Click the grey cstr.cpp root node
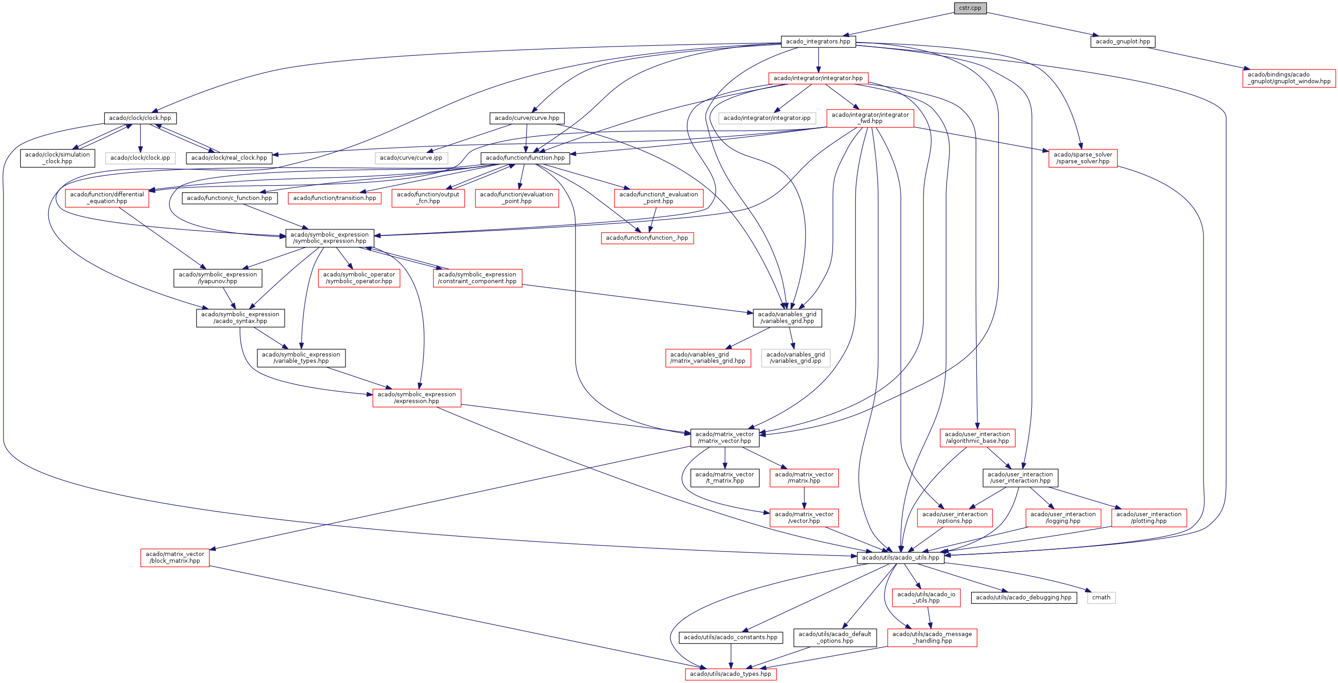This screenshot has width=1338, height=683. click(x=970, y=8)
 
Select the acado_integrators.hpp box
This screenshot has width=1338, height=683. click(x=818, y=42)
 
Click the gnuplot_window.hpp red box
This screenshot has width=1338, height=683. click(x=1289, y=78)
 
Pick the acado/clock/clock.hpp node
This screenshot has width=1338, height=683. click(x=140, y=118)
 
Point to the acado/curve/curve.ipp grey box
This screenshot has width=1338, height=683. click(x=411, y=158)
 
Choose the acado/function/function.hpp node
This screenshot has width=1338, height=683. click(x=525, y=158)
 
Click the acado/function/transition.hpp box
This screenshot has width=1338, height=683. click(x=334, y=198)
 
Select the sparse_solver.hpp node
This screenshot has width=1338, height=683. click(x=1082, y=158)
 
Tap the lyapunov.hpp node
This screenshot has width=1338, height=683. click(x=218, y=278)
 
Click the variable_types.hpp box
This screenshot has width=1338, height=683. click(x=301, y=358)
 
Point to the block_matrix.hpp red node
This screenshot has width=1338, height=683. click(x=175, y=558)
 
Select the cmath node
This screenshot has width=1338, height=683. click(x=1101, y=598)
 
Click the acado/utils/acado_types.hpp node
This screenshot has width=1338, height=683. click(x=730, y=674)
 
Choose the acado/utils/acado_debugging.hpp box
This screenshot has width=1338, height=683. click(x=1023, y=598)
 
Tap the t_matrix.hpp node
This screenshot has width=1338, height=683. click(x=724, y=478)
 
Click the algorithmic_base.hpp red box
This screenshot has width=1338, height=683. click(x=977, y=437)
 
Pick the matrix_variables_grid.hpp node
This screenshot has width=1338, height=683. click(x=707, y=358)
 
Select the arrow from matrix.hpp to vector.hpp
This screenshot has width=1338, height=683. click(x=804, y=498)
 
